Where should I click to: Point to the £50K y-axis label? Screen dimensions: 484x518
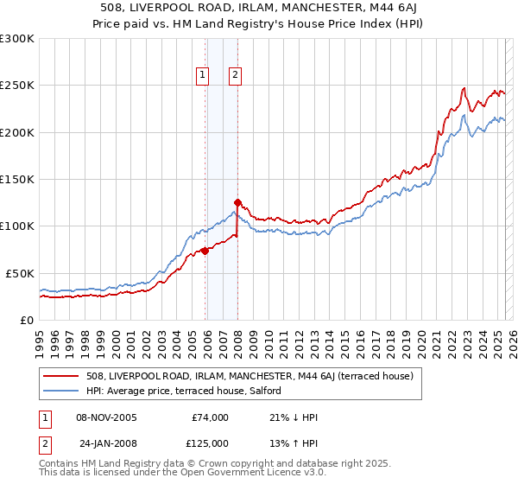point(20,273)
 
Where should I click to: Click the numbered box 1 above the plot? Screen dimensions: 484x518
point(202,75)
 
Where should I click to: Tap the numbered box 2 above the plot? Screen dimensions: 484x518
point(235,75)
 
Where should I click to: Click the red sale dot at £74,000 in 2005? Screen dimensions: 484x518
point(205,251)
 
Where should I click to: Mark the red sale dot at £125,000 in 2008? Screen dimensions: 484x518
point(237,203)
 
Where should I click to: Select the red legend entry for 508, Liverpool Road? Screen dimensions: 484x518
point(250,376)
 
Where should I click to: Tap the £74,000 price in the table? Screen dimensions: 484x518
point(210,417)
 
